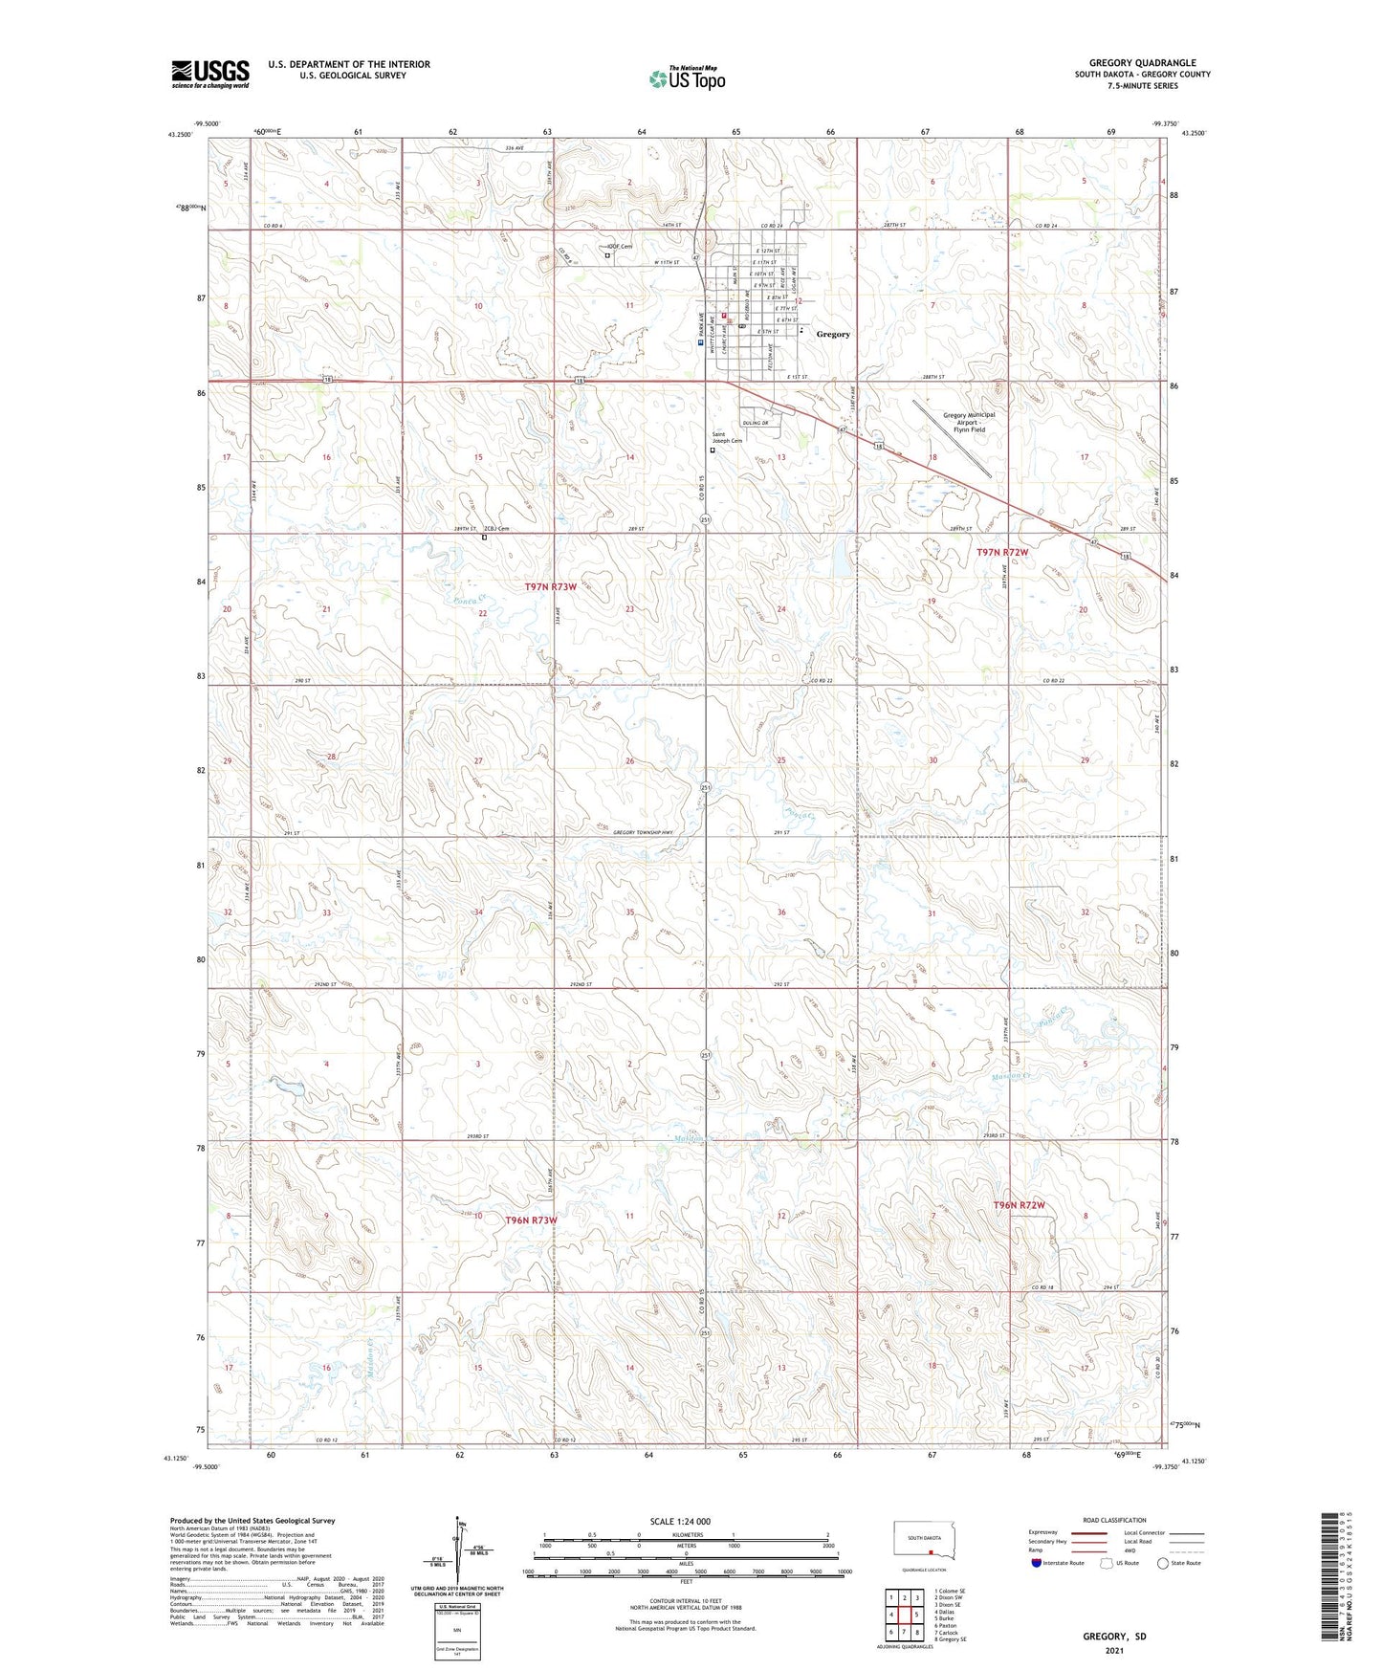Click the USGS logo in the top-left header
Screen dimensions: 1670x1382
(210, 74)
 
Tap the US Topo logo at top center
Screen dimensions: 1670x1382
(686, 78)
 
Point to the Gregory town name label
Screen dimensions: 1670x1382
(833, 334)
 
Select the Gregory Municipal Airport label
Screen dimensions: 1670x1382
(969, 422)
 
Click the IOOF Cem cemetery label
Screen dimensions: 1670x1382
(622, 246)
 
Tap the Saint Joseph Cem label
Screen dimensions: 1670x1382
(726, 437)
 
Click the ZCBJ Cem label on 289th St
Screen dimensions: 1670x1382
(496, 529)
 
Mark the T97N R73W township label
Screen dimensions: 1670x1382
(551, 586)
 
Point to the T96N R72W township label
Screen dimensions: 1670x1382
(1019, 1205)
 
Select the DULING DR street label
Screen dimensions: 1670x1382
(756, 423)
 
